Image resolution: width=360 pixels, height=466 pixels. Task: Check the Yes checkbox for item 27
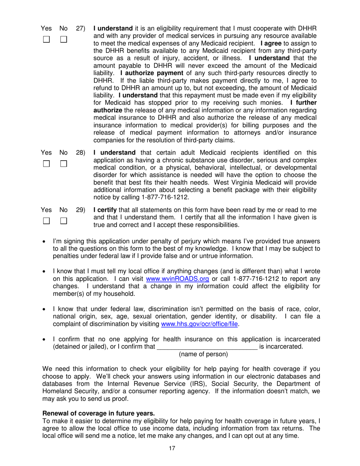tap(46, 39)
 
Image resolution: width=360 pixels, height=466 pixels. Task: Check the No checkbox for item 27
tap(63, 39)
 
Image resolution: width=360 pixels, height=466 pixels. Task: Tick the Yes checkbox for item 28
tap(46, 164)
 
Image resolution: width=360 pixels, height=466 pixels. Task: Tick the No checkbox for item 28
tap(63, 164)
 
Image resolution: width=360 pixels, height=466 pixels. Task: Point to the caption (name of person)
tap(203, 354)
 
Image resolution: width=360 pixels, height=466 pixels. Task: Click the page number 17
tap(172, 449)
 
